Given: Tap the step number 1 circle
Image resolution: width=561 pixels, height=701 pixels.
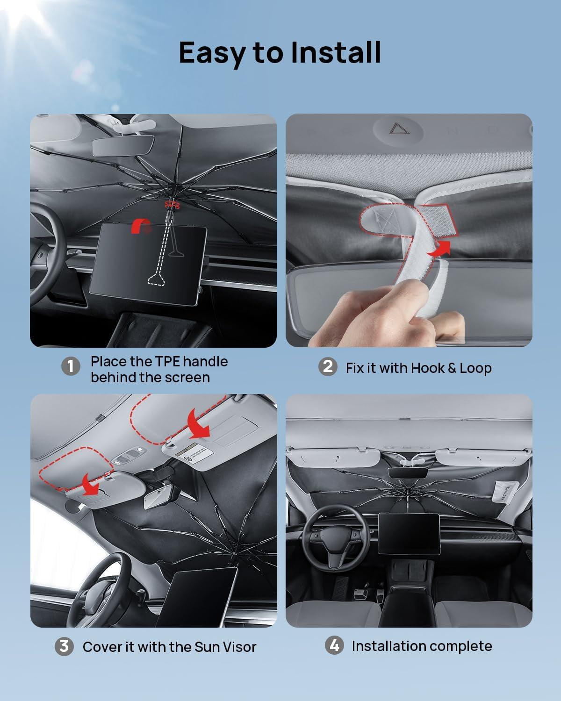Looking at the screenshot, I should coord(71,366).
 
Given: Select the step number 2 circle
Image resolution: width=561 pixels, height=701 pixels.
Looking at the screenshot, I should coord(328,366).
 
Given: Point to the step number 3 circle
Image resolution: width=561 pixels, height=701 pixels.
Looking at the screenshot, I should coord(64,647).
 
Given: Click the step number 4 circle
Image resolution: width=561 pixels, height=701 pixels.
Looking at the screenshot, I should coord(334,645).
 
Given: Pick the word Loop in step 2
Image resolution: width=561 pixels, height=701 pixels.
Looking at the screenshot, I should coord(475,368).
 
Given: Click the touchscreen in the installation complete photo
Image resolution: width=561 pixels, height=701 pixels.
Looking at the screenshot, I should coord(409,533).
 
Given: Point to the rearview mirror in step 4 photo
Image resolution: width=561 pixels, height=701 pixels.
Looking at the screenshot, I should coord(408,472).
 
